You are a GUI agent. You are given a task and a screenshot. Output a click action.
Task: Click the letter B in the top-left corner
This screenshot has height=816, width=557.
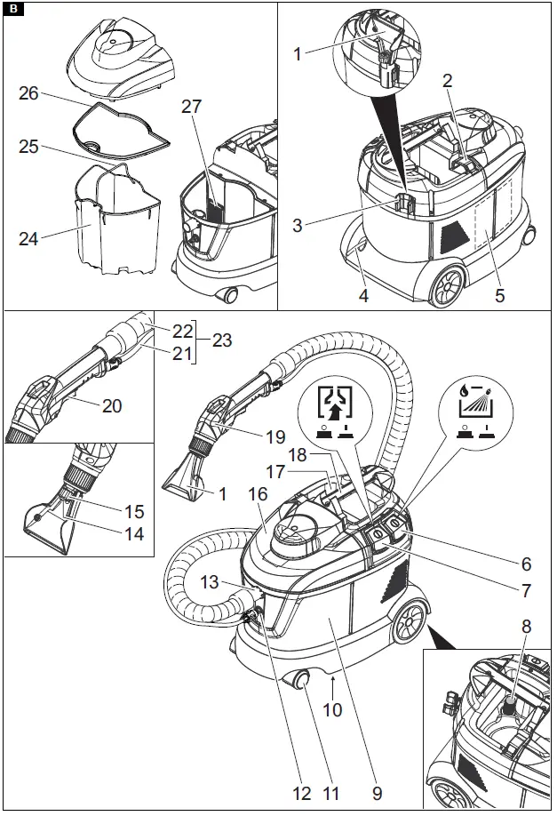[12, 11]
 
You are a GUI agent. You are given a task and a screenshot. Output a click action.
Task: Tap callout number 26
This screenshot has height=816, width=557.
[28, 92]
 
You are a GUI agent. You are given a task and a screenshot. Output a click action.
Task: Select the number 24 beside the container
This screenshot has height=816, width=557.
[28, 237]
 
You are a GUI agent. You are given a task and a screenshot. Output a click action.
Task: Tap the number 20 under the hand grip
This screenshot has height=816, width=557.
[111, 406]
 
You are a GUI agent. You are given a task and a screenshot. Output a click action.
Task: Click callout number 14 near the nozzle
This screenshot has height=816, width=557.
[132, 535]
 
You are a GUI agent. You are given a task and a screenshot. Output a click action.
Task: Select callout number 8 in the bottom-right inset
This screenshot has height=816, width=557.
[527, 626]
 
